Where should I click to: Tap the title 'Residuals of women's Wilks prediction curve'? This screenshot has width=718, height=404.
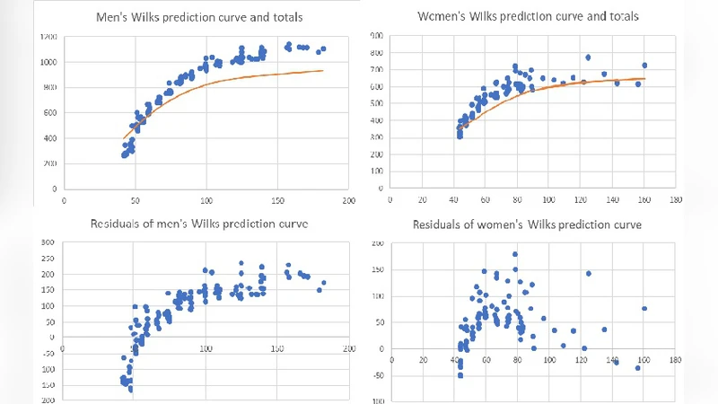pos(527,224)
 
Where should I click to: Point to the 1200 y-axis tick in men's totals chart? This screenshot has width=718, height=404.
pos(47,36)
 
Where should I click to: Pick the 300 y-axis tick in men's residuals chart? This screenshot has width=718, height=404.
pos(44,242)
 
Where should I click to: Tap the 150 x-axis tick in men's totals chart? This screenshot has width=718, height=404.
pos(277,201)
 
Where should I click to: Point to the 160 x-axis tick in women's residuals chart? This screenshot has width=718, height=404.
pos(644,361)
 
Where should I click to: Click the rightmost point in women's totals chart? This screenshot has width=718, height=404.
pos(644,66)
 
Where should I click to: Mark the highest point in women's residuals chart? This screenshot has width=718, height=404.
pos(515,254)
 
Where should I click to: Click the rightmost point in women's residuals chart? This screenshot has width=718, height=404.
pos(644,309)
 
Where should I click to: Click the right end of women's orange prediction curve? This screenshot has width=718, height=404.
pos(644,79)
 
